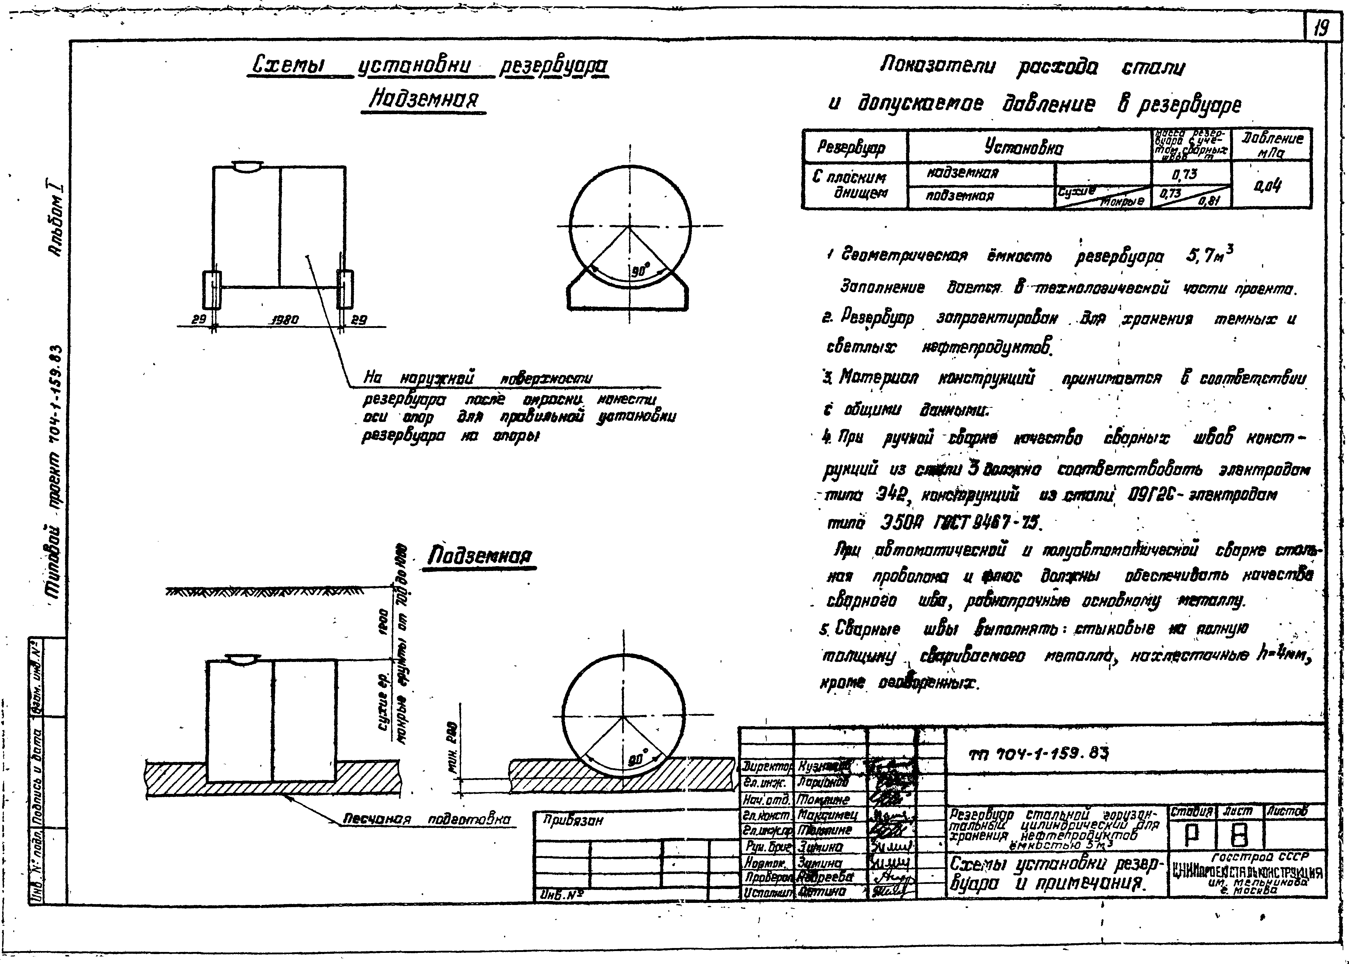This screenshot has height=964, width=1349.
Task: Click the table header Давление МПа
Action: tap(1272, 144)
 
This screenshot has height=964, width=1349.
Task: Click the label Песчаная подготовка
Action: tap(426, 820)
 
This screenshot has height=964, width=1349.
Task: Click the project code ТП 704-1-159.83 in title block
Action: tap(1038, 754)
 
